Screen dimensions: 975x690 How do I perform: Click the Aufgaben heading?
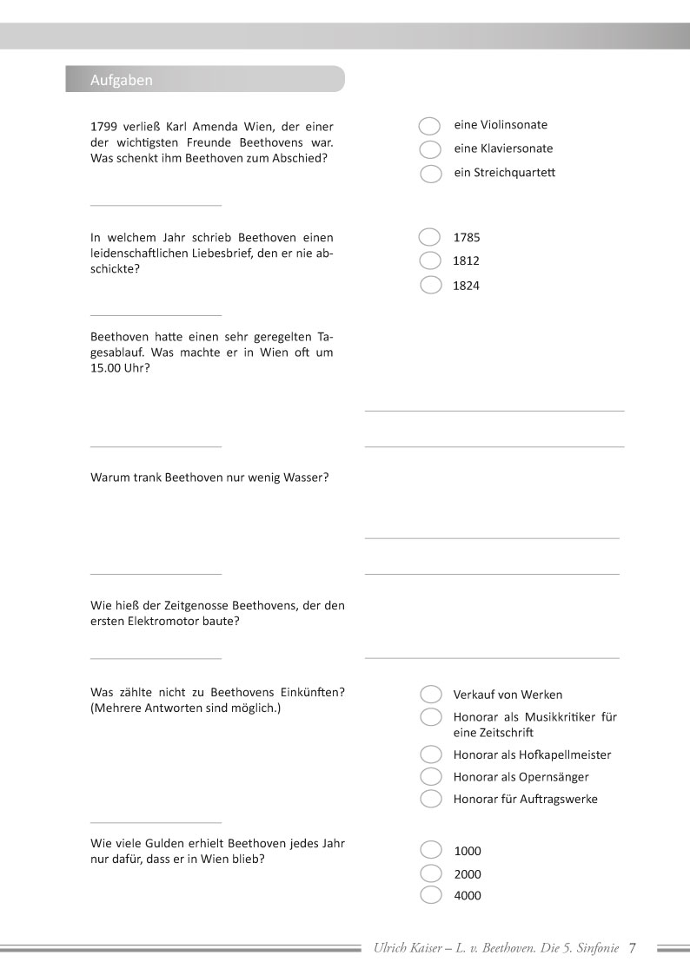pos(122,80)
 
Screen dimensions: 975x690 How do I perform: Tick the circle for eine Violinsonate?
pos(430,127)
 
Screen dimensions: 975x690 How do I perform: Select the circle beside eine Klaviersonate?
pos(430,150)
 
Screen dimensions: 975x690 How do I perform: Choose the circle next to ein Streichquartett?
pos(430,174)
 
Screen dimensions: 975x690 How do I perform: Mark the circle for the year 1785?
pos(430,237)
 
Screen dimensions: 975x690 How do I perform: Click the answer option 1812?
pos(466,260)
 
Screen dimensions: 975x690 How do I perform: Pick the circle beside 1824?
pos(430,285)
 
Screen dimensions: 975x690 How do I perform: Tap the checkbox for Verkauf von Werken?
pos(430,694)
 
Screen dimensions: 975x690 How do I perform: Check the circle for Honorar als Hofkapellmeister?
pos(430,754)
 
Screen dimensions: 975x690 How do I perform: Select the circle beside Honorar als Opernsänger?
pos(430,776)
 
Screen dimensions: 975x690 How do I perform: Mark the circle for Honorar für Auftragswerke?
pos(430,798)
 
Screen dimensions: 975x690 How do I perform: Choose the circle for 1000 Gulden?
pos(430,850)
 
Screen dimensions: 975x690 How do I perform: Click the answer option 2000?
pos(467,874)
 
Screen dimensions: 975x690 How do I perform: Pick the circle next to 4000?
pos(430,895)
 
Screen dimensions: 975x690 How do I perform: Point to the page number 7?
pos(633,948)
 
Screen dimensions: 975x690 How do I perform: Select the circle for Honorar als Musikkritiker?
pos(430,717)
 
